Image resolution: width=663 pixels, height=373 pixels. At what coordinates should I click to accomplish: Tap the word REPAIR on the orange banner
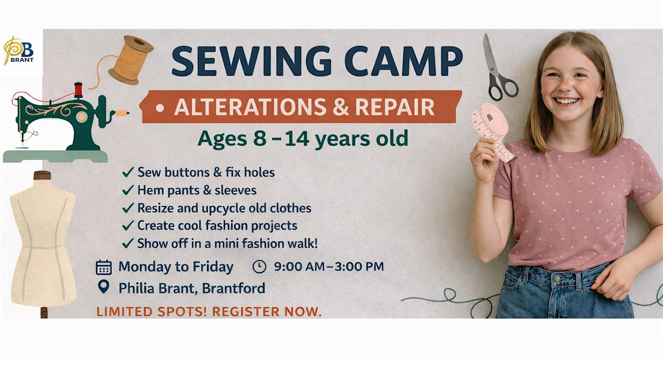[394, 107]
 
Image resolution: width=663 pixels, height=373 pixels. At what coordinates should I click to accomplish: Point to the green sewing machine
[59, 124]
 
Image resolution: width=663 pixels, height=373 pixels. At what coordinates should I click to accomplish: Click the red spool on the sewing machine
[78, 90]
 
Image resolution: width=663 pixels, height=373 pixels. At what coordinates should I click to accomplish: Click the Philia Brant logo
[19, 50]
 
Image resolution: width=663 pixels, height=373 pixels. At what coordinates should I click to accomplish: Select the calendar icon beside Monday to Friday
[104, 267]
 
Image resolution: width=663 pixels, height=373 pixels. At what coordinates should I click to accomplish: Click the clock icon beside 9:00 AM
[259, 266]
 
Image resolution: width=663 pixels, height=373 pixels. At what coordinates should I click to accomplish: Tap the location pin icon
[104, 287]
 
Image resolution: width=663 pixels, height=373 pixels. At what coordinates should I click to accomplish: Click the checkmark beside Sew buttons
[128, 172]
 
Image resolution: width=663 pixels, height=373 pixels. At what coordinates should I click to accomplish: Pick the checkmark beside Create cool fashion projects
[128, 225]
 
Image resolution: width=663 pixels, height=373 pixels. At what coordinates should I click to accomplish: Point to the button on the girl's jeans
[557, 279]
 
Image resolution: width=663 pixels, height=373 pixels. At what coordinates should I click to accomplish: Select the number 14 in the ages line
[296, 139]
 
